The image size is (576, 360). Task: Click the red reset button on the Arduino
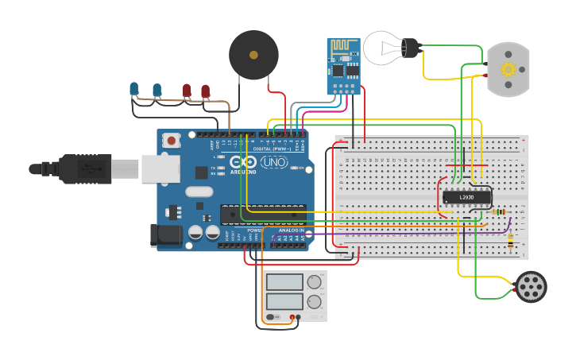171,141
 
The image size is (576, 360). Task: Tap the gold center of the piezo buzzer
253,56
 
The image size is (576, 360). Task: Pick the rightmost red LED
205,91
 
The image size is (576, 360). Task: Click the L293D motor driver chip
466,196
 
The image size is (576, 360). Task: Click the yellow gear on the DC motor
508,69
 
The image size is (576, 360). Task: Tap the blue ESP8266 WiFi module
343,66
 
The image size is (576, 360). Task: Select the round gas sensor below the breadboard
531,286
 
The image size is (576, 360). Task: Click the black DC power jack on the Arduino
165,234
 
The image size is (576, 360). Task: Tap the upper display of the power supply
284,281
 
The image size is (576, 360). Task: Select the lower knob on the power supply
315,301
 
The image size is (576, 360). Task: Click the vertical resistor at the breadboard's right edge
509,242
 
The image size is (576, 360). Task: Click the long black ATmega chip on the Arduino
262,214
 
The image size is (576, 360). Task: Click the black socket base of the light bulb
410,48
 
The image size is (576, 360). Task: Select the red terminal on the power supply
292,318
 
